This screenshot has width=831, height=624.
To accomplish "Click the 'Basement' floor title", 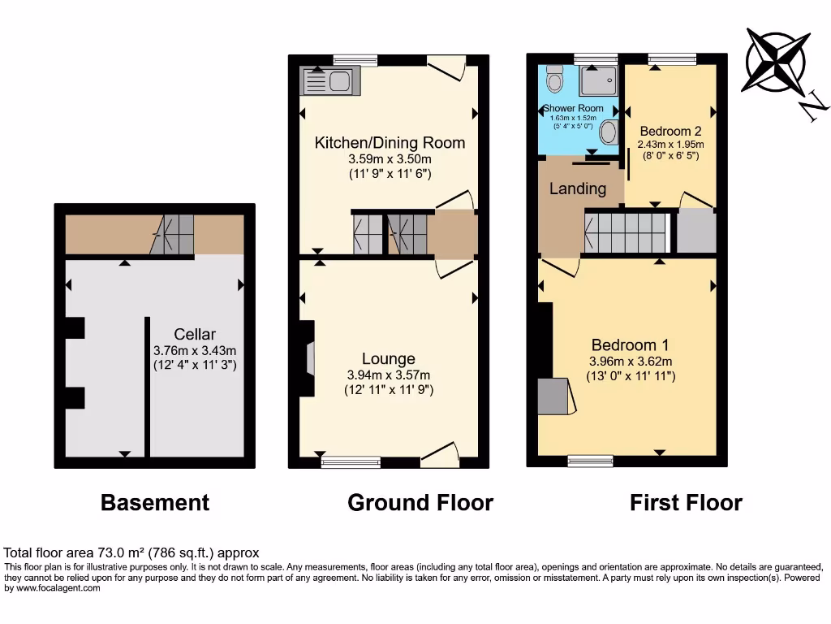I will tap(155, 503).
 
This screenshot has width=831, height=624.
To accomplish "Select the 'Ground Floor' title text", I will tap(420, 503).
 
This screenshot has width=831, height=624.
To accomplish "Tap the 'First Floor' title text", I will tap(686, 503).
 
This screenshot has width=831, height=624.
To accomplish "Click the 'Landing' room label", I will tap(578, 188).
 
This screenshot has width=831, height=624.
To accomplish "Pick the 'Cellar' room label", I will tap(195, 334).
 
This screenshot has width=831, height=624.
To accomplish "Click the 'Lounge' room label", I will tap(389, 358).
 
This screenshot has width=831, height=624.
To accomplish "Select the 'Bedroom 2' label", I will tap(670, 131).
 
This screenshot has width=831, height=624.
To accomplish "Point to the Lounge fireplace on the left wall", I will tap(308, 358).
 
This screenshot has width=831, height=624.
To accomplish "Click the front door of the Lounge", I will tap(439, 457).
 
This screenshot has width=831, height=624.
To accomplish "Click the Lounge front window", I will tap(351, 462).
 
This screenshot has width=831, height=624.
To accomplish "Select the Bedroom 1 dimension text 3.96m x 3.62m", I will tap(631, 362).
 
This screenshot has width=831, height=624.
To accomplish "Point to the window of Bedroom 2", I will tap(672, 58).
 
